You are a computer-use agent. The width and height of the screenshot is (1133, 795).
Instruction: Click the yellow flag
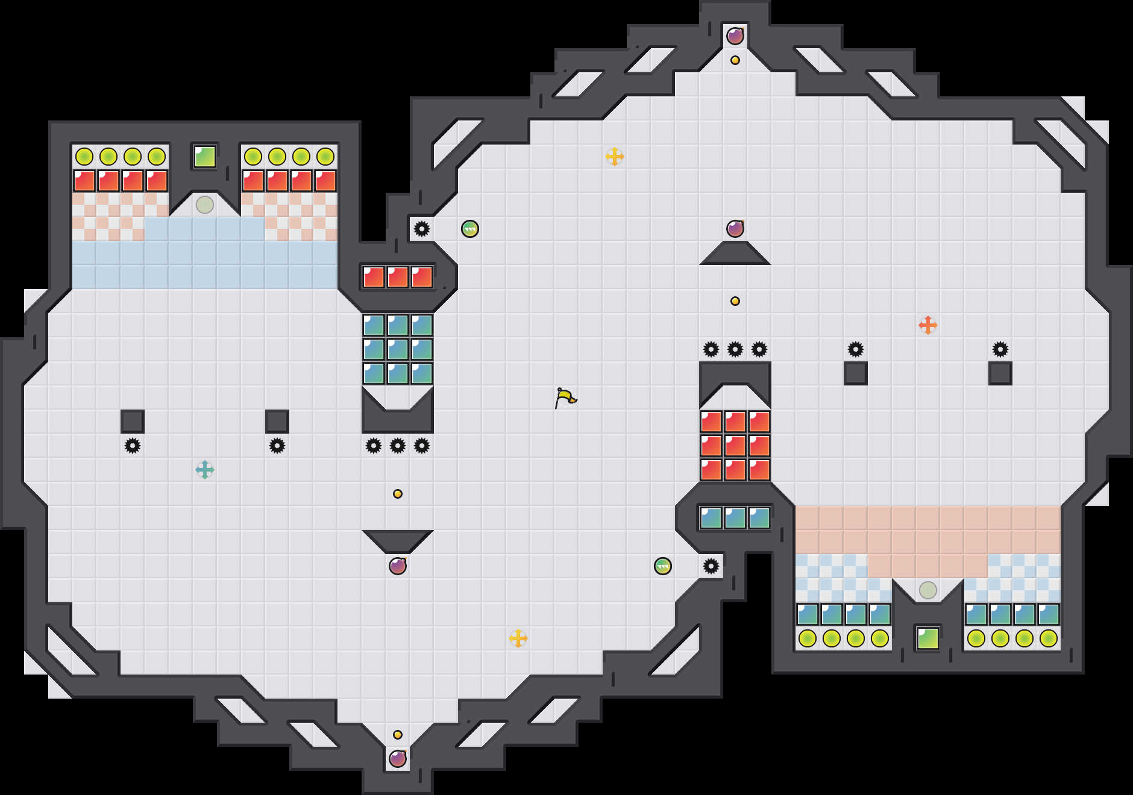[565, 397]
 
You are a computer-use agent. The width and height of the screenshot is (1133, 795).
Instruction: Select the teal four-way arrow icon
[205, 470]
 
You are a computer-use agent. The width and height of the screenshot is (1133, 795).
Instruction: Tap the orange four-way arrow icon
[928, 325]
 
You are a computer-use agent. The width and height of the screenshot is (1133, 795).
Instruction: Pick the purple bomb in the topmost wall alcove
[735, 36]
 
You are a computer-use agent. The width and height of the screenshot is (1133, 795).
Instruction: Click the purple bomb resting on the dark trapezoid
[735, 229]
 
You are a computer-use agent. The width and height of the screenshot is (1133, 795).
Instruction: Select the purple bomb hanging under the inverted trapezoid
[398, 566]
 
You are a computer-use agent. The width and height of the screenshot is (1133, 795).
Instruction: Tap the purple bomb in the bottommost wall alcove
[398, 759]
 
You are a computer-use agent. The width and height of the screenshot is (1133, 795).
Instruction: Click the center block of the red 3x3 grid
[735, 446]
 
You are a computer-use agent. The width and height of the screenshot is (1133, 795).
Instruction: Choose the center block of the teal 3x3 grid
[398, 349]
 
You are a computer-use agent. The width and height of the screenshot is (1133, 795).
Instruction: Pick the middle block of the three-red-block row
[398, 277]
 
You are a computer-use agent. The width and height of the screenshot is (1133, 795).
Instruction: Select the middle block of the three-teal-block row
[735, 518]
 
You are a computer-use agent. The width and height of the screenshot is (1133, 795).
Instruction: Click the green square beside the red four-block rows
[205, 157]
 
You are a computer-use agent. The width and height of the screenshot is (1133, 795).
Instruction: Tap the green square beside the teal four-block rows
[928, 638]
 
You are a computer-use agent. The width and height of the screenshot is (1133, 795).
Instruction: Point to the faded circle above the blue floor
[205, 205]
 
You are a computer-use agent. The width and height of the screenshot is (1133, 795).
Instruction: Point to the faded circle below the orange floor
[928, 590]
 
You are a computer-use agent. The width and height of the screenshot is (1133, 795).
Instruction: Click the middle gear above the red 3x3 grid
[735, 349]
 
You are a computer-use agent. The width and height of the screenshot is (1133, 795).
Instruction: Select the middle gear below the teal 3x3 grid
[398, 446]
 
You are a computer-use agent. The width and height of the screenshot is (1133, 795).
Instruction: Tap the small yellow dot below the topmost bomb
[735, 60]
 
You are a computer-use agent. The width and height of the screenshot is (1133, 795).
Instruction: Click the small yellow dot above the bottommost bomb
[398, 735]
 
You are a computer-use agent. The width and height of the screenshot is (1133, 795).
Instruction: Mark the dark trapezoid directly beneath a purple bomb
[735, 254]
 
